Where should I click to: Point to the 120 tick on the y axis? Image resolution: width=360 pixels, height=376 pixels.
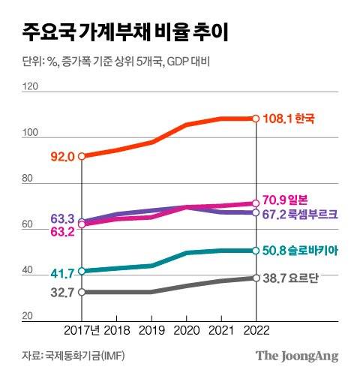pos(31,87)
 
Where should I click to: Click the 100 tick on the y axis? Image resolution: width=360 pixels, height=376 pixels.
pos(31,134)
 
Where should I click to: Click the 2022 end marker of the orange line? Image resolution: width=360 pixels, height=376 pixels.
pos(256,119)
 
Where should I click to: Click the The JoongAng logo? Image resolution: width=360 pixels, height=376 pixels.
pos(297,355)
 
